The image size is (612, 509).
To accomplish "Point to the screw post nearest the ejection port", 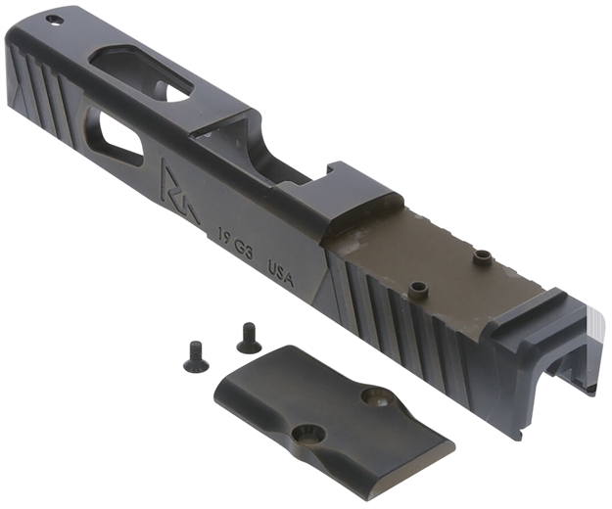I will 418,289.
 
